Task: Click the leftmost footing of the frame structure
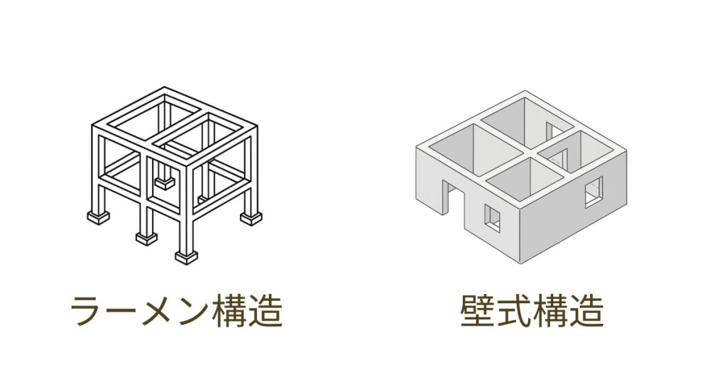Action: click(98, 217)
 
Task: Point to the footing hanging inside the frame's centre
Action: click(165, 183)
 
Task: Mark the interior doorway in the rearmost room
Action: click(551, 130)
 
